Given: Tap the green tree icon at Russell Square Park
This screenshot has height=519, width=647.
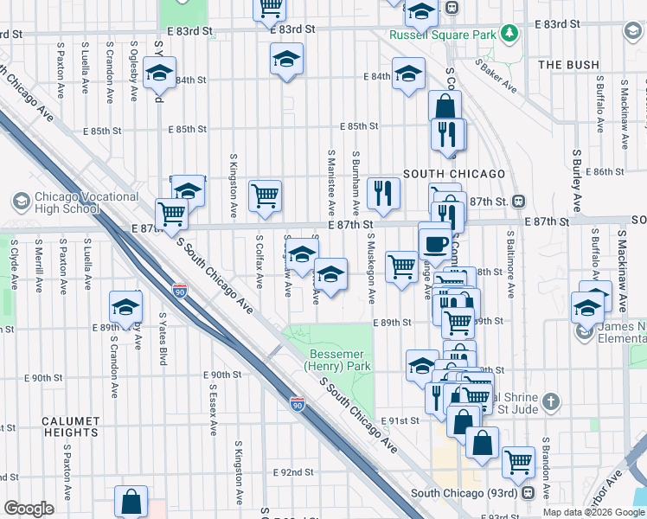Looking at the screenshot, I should (511, 34).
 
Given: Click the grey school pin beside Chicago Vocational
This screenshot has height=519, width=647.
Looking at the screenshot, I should (21, 202).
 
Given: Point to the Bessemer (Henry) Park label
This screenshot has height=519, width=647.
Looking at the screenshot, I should (339, 362).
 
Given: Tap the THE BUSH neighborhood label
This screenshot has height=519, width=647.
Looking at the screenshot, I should (568, 65).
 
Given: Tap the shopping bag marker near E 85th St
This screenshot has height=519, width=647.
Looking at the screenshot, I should (445, 106).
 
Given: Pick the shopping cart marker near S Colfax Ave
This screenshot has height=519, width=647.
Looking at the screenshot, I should (265, 195).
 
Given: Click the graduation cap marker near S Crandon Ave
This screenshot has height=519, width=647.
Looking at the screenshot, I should (125, 307).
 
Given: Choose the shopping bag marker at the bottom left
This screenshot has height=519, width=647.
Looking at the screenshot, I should (131, 501).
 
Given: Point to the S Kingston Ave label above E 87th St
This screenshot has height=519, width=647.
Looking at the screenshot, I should (234, 186).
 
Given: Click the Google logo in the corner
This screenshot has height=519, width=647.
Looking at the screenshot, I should (29, 509).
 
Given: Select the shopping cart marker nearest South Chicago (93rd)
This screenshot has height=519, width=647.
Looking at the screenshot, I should (518, 461).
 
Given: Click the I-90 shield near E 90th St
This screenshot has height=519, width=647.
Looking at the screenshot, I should (297, 404).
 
